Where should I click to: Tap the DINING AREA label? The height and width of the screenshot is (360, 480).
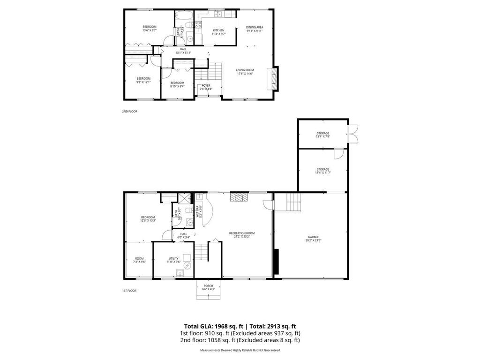tap(255, 27)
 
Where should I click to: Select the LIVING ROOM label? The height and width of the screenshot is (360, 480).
tap(245, 70)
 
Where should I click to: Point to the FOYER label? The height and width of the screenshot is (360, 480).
tap(206, 85)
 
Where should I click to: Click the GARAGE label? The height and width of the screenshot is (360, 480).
tap(314, 237)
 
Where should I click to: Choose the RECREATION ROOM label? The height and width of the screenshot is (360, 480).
tap(241, 233)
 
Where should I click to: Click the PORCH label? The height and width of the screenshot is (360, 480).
tap(208, 286)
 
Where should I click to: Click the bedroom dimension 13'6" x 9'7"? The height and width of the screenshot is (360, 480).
tap(150, 30)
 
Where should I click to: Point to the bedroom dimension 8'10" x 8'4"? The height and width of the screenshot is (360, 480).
tap(177, 86)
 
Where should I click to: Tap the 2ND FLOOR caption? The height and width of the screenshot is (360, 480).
tap(129, 111)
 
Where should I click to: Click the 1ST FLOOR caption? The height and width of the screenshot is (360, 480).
tap(129, 291)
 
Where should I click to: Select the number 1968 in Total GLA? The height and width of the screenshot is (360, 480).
tap(228, 326)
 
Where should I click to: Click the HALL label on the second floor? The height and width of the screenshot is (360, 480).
tap(183, 49)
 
